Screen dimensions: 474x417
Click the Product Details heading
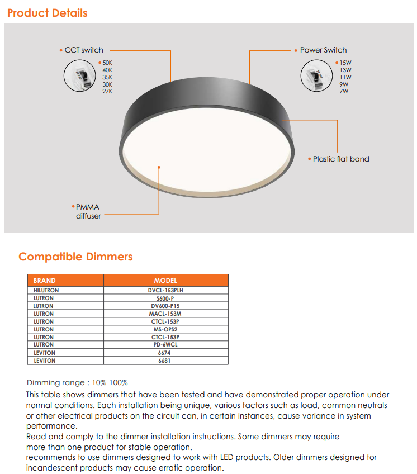[x=48, y=13]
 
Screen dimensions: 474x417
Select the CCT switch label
[x=84, y=50]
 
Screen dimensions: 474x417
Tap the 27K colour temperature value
[x=107, y=91]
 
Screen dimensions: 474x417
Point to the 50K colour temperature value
[x=107, y=63]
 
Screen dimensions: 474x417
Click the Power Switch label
[x=323, y=50]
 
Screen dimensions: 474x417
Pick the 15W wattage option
[x=345, y=63]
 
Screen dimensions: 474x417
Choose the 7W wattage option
[x=343, y=91]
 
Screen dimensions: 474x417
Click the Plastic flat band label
[x=341, y=159]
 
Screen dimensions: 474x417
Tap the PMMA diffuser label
[x=88, y=211]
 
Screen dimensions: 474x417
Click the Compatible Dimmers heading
[x=75, y=257]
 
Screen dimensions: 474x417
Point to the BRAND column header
[x=45, y=281]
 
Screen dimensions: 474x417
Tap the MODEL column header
[x=165, y=281]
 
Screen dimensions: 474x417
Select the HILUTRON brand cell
[x=46, y=291]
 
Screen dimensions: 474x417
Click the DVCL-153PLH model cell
[x=165, y=291]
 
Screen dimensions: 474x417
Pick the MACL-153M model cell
[x=165, y=314]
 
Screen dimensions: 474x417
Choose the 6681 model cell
[x=165, y=361]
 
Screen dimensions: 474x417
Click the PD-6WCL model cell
[x=165, y=345]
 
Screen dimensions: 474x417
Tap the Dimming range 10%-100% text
[x=77, y=383]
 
